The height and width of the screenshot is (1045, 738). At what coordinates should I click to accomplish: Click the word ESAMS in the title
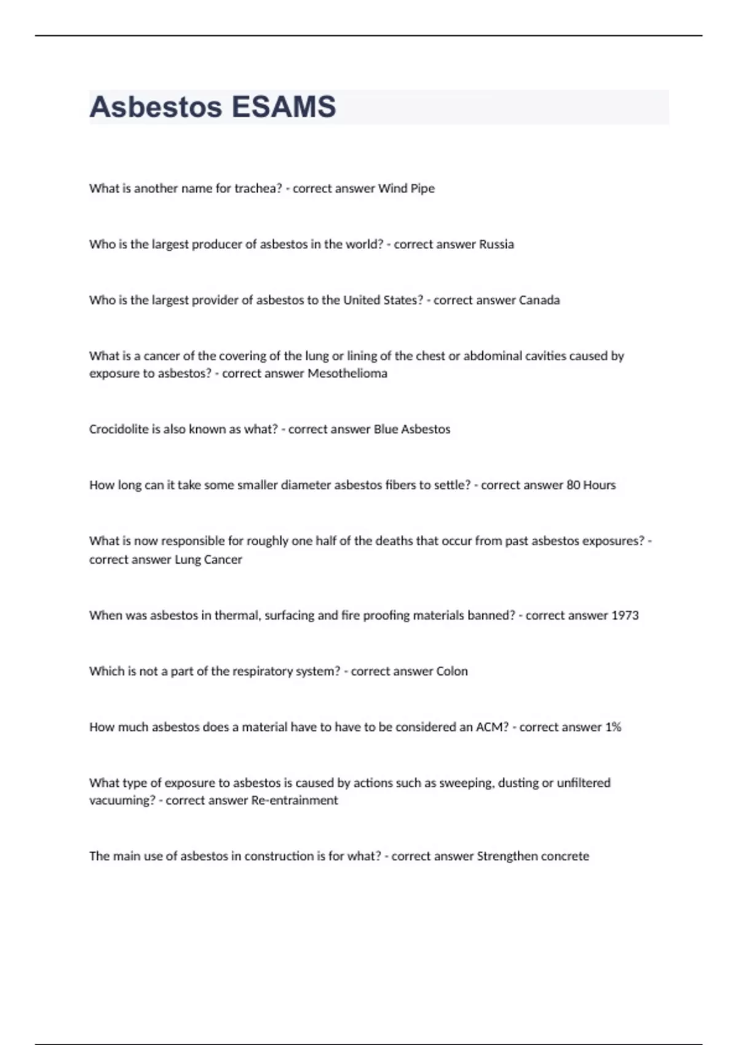tap(284, 107)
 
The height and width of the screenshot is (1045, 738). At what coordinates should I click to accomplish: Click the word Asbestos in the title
tap(156, 107)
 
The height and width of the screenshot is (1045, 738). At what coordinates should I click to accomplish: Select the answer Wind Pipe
tap(406, 189)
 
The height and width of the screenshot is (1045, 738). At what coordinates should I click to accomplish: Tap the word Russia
tap(496, 245)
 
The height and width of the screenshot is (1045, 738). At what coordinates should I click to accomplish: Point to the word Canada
tap(539, 301)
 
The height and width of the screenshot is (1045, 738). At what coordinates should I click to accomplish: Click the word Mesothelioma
tap(347, 374)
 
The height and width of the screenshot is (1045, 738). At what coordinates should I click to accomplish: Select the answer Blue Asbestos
tap(412, 430)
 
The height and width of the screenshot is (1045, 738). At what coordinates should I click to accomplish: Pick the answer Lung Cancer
tap(208, 560)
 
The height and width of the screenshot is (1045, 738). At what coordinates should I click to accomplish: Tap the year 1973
tap(625, 616)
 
